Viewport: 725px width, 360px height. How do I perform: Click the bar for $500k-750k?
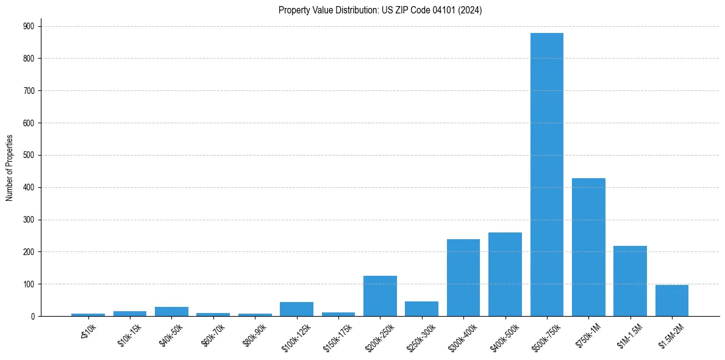click(x=547, y=175)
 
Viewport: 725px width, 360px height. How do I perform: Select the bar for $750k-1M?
click(x=588, y=247)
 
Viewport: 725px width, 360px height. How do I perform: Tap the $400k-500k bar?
click(x=505, y=274)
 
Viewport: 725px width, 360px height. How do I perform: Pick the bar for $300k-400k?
click(x=463, y=278)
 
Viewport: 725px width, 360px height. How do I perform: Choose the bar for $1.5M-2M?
click(x=672, y=300)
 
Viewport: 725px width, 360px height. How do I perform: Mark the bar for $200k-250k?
click(x=380, y=296)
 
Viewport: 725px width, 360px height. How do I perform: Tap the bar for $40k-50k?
click(x=171, y=311)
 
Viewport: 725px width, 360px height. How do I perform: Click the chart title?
click(x=380, y=10)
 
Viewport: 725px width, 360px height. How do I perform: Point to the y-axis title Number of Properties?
click(x=9, y=168)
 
